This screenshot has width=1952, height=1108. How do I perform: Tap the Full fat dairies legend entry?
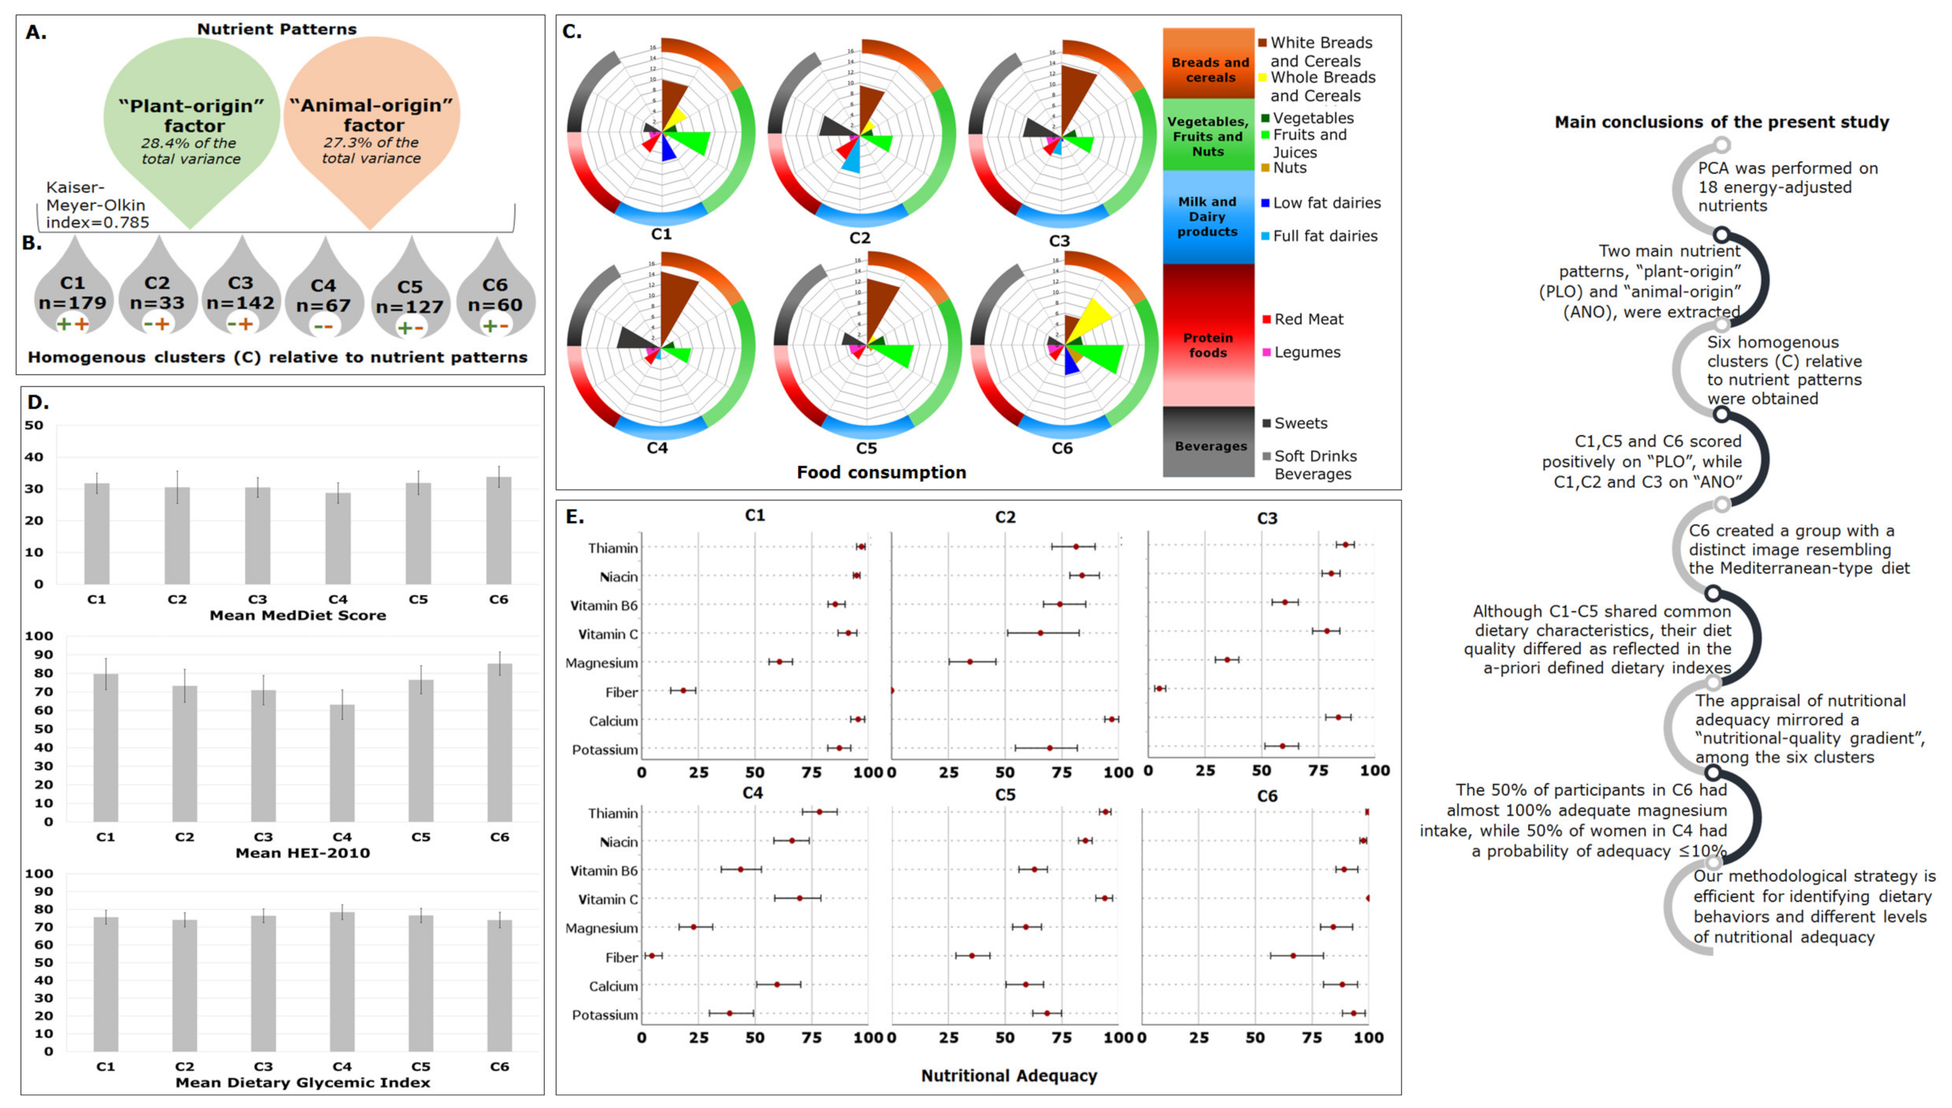1324,236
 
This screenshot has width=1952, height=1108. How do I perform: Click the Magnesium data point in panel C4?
693,927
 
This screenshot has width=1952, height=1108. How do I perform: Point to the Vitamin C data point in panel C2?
1040,633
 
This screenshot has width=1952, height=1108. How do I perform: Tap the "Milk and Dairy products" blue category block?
1207,217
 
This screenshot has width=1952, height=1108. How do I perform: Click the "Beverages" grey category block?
1210,445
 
